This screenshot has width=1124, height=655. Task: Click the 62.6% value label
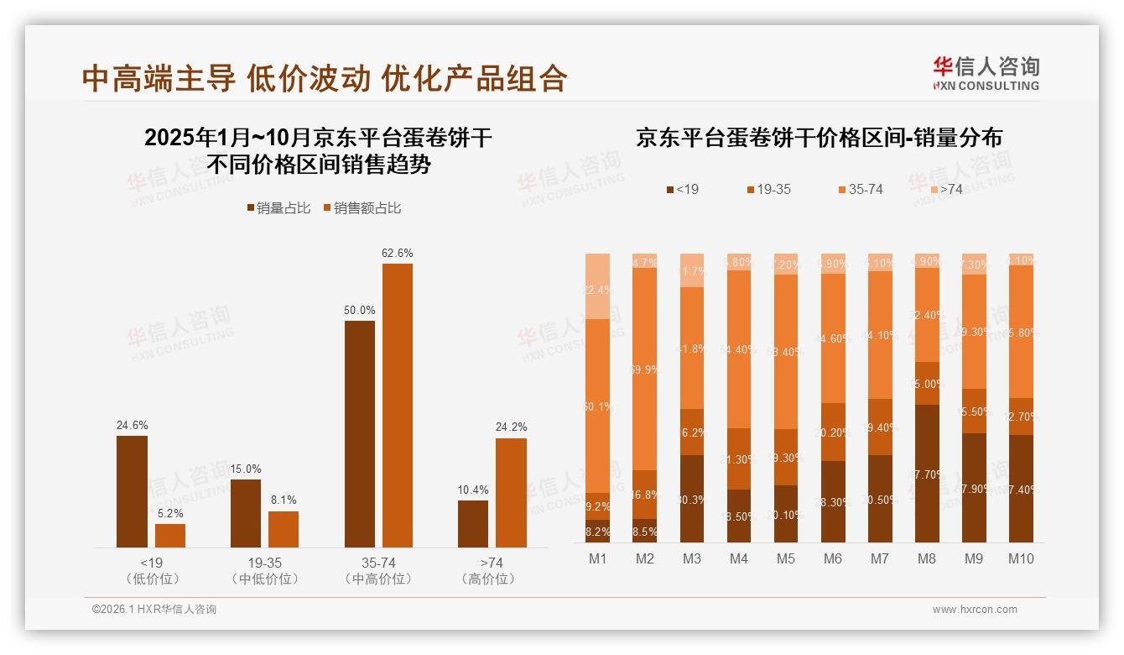[397, 253]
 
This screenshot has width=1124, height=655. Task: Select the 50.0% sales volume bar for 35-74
[359, 434]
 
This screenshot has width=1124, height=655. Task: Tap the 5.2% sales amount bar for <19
[170, 536]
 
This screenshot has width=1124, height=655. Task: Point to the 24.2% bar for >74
[511, 493]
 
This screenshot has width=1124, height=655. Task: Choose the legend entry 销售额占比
[362, 208]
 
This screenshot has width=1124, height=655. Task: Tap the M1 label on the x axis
[597, 558]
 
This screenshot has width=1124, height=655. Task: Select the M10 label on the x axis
[1020, 558]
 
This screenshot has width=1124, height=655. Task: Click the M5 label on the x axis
[785, 558]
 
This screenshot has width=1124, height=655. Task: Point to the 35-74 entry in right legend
[860, 190]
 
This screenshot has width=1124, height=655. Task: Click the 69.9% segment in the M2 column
[644, 369]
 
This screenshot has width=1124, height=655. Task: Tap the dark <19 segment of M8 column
[926, 474]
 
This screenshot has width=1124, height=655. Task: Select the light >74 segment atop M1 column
[597, 286]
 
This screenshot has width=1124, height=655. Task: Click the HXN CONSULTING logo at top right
[986, 74]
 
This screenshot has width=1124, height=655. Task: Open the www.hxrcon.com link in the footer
[975, 610]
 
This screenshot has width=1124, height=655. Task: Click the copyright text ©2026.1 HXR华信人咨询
[154, 610]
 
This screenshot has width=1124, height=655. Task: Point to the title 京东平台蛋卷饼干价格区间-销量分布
[819, 138]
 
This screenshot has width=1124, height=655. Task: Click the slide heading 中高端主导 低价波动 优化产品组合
[325, 78]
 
